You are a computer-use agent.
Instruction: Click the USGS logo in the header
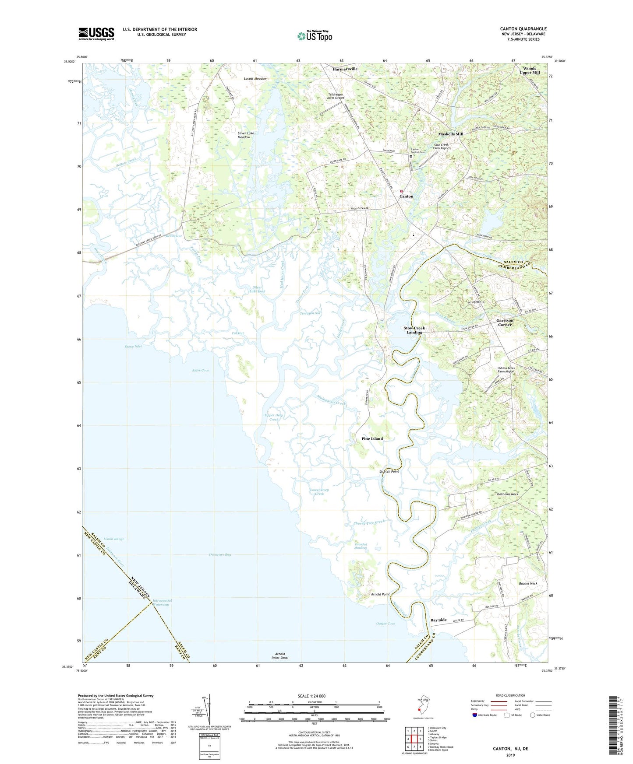(96, 34)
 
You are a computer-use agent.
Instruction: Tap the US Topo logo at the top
(315, 36)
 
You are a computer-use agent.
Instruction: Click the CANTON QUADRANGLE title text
(523, 29)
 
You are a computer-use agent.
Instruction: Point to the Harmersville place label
(345, 69)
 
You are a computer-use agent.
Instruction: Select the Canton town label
(406, 196)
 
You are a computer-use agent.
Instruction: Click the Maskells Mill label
(450, 134)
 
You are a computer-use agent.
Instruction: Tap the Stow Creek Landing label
(414, 330)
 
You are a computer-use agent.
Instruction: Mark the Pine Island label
(372, 438)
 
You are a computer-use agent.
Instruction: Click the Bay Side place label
(439, 620)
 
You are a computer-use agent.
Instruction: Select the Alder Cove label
(200, 370)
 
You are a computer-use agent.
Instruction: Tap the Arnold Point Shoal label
(280, 655)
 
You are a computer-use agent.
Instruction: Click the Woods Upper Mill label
(529, 70)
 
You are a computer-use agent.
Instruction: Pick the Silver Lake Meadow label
(245, 135)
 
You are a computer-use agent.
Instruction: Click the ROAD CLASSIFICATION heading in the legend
(510, 695)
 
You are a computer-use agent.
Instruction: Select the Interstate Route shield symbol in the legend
(475, 715)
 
